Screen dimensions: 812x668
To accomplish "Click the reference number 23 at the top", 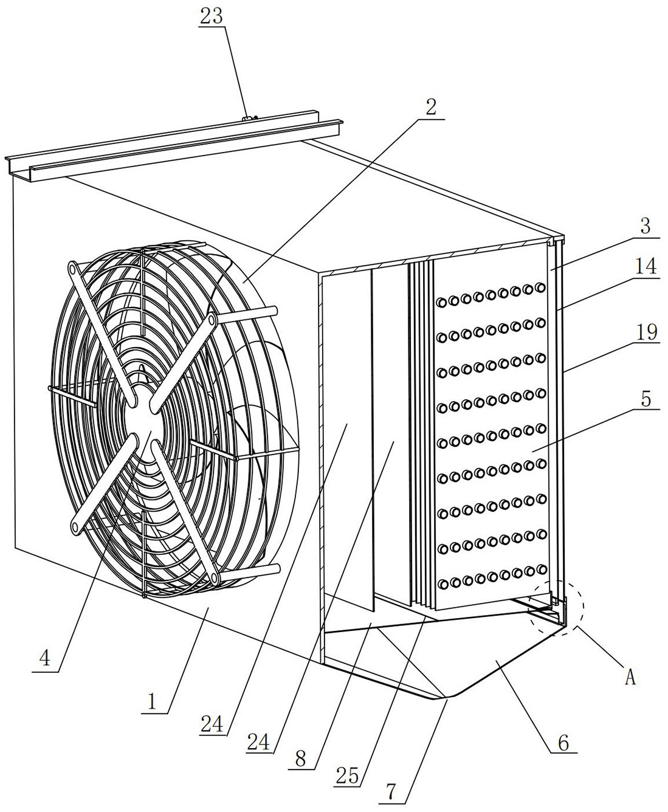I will [211, 16].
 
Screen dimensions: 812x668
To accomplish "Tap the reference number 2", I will [430, 107].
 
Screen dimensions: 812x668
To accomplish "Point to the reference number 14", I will [646, 267].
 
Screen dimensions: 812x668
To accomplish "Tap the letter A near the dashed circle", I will [630, 676].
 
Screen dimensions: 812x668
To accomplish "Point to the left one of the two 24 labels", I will [213, 724].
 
